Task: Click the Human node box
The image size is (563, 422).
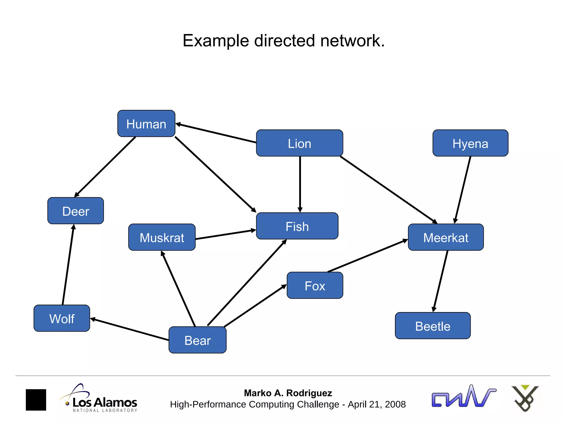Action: pos(146,124)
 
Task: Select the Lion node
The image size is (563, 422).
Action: pos(299,143)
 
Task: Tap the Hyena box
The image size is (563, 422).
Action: pos(470,143)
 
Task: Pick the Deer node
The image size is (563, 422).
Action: pos(76,211)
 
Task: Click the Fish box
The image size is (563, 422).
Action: pos(297,226)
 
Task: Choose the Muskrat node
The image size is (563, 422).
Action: pos(162,237)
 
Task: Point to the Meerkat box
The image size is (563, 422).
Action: pos(446,237)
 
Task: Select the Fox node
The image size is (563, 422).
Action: pos(315,285)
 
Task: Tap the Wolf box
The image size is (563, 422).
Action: pos(62,318)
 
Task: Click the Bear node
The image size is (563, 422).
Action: pos(197,340)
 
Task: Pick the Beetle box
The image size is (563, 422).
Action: pos(433,326)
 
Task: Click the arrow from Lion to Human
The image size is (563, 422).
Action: pos(216,133)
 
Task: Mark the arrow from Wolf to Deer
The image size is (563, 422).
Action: pos(68,265)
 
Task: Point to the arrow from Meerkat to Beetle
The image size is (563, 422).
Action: pos(440,281)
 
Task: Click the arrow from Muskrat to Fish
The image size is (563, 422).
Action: pos(225,235)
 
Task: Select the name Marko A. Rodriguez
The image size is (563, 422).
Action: pos(288,393)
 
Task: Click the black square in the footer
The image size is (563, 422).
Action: pos(36,400)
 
